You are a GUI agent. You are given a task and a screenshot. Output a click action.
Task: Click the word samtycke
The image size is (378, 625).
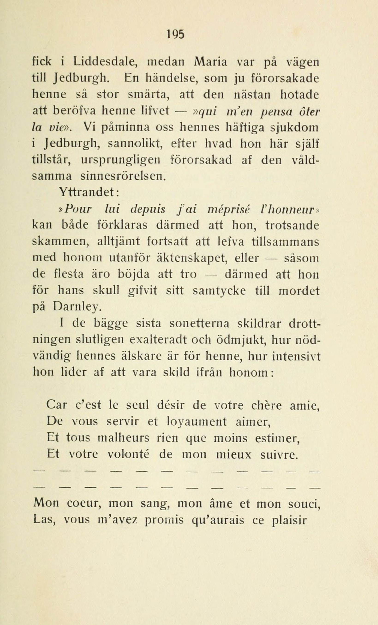coord(219,291)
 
